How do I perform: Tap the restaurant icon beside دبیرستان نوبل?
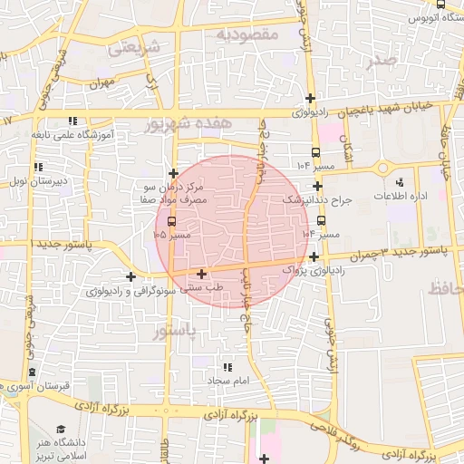(38, 167)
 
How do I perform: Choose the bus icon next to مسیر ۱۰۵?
(173, 220)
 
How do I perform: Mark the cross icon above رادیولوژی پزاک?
(314, 256)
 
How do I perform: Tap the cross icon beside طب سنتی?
(201, 273)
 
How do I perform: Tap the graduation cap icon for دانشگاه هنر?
(61, 428)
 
